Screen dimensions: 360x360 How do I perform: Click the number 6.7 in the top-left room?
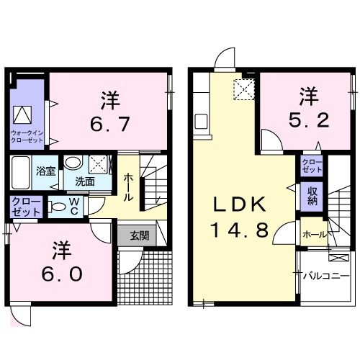pos(110,124)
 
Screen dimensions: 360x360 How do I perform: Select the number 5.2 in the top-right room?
pos(309,120)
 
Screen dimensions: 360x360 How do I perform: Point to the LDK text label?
pos(240,204)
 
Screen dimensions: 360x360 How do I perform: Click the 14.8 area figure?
pos(239,230)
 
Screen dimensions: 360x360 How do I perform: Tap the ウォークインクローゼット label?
pos(27,137)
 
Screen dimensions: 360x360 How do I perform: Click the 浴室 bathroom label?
pos(46,171)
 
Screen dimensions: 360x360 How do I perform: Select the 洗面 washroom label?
pos(85,181)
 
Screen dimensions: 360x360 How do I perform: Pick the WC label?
pos(74,207)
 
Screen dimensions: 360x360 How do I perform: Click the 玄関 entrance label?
pos(140,235)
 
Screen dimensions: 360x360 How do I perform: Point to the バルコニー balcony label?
pos(325,276)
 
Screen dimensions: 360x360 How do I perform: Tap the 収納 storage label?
pos(312,197)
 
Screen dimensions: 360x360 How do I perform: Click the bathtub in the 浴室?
pos(20,172)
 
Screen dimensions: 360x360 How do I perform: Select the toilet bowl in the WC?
pos(58,207)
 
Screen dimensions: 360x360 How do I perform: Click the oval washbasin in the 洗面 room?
pos(73,162)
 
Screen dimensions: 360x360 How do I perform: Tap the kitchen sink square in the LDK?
pos(201,122)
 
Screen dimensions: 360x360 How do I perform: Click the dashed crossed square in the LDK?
pos(244,89)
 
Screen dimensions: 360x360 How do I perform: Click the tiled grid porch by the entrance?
pos(145,278)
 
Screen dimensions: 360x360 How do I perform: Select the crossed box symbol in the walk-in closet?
pos(22,114)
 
